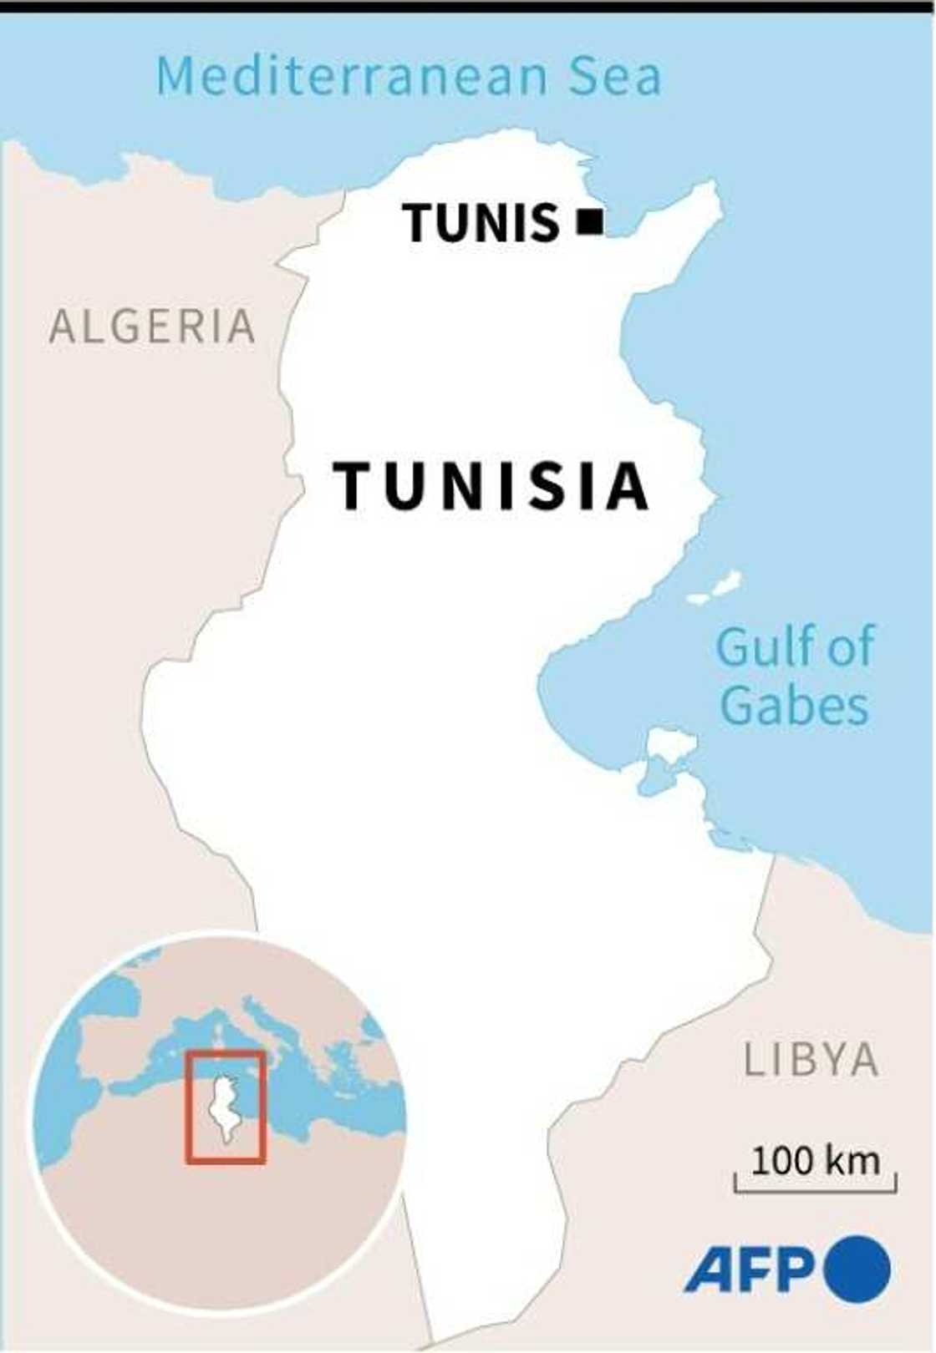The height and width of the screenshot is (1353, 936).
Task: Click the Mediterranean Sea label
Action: coord(409,76)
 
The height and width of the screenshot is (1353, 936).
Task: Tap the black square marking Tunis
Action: coord(591,221)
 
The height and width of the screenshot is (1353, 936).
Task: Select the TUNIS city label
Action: coord(481,223)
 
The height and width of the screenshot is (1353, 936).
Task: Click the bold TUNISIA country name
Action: coord(491,486)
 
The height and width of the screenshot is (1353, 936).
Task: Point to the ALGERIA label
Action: coord(152,326)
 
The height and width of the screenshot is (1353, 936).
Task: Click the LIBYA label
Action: coord(811,1060)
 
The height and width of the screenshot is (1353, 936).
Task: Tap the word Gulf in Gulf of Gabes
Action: coord(762,647)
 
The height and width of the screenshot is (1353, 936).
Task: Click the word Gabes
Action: coord(794,706)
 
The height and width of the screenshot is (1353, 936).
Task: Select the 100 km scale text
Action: coord(815,1160)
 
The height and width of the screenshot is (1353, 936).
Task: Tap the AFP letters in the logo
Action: coord(749,1270)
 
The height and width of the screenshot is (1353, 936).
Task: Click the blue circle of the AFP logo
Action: coord(857,1269)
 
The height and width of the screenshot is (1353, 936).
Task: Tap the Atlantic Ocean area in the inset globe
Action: coord(63,1111)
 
